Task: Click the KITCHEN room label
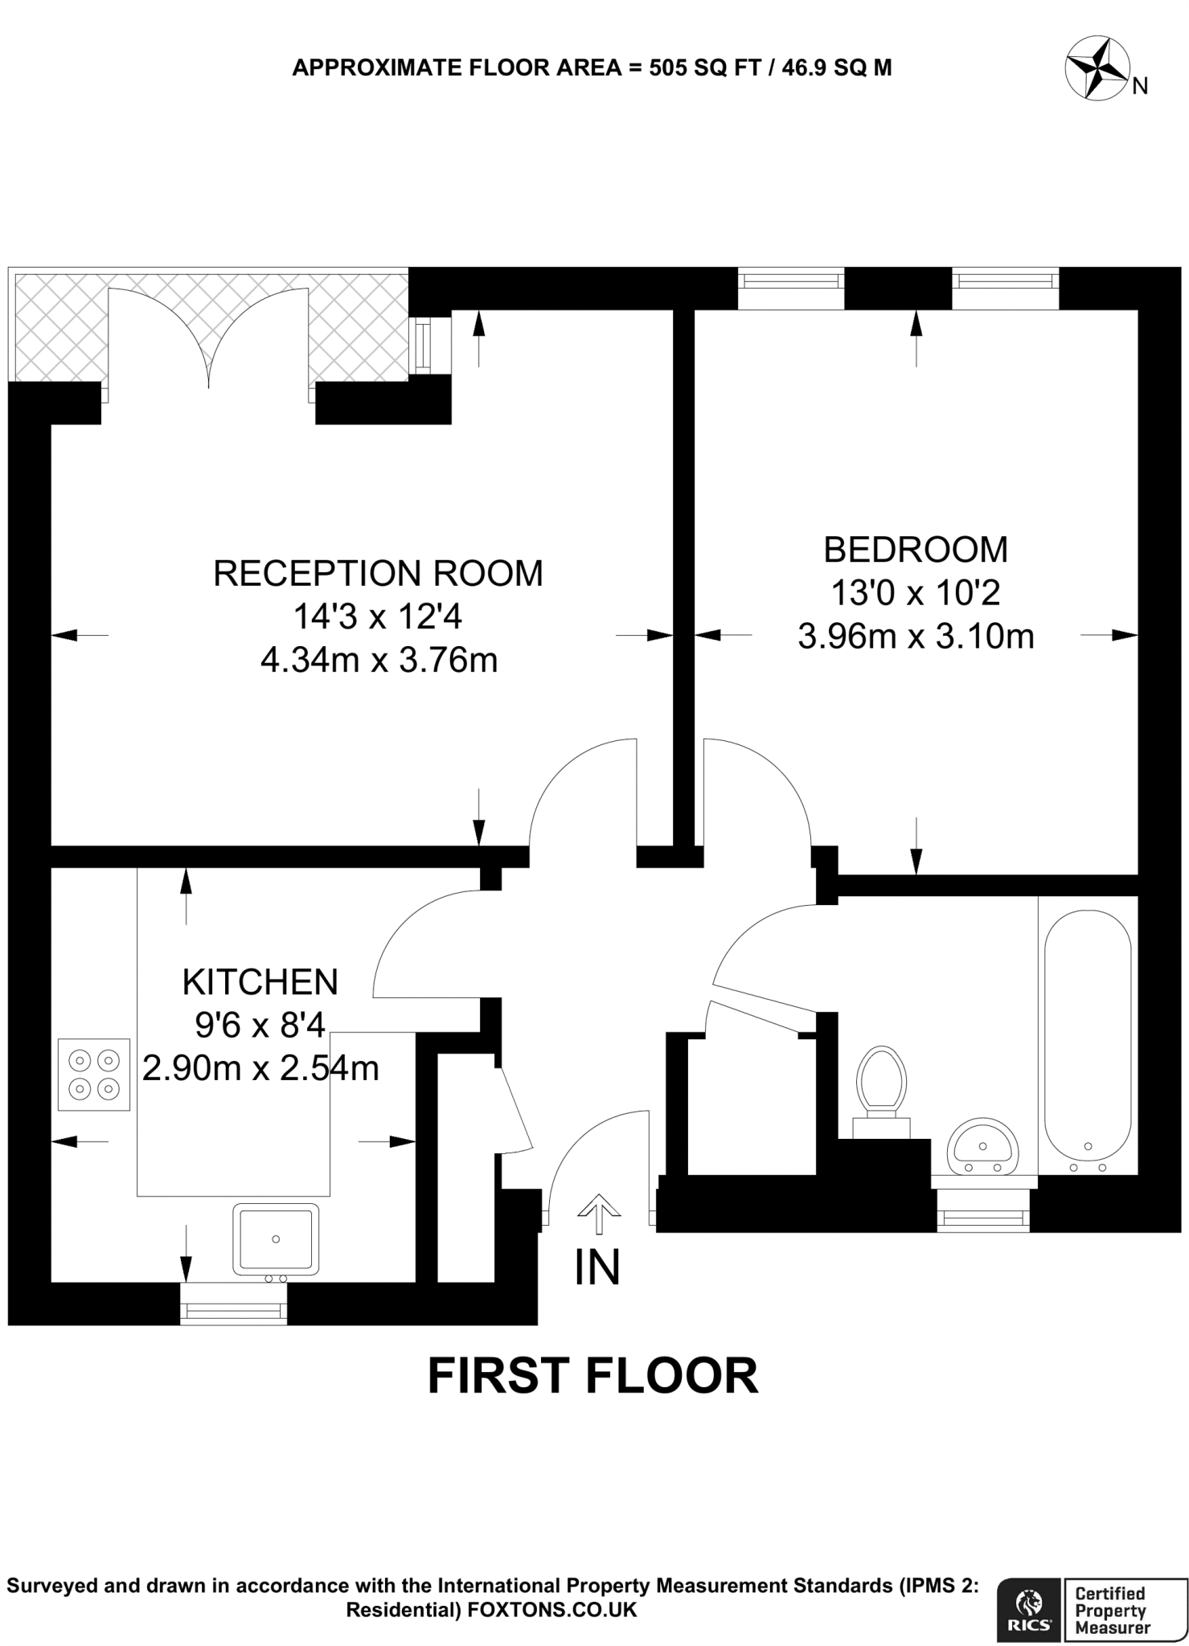pos(260,982)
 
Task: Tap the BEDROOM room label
pos(916,550)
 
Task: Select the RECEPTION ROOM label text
pos(378,574)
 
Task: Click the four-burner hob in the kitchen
pos(94,1075)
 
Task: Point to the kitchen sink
pos(276,1239)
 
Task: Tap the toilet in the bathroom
pos(881,1085)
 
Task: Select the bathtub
pos(1088,1041)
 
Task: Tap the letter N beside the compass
pos(1140,86)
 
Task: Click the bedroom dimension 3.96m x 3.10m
pos(916,637)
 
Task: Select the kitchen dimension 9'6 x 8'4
pos(260,1025)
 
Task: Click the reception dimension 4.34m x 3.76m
pos(379,661)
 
